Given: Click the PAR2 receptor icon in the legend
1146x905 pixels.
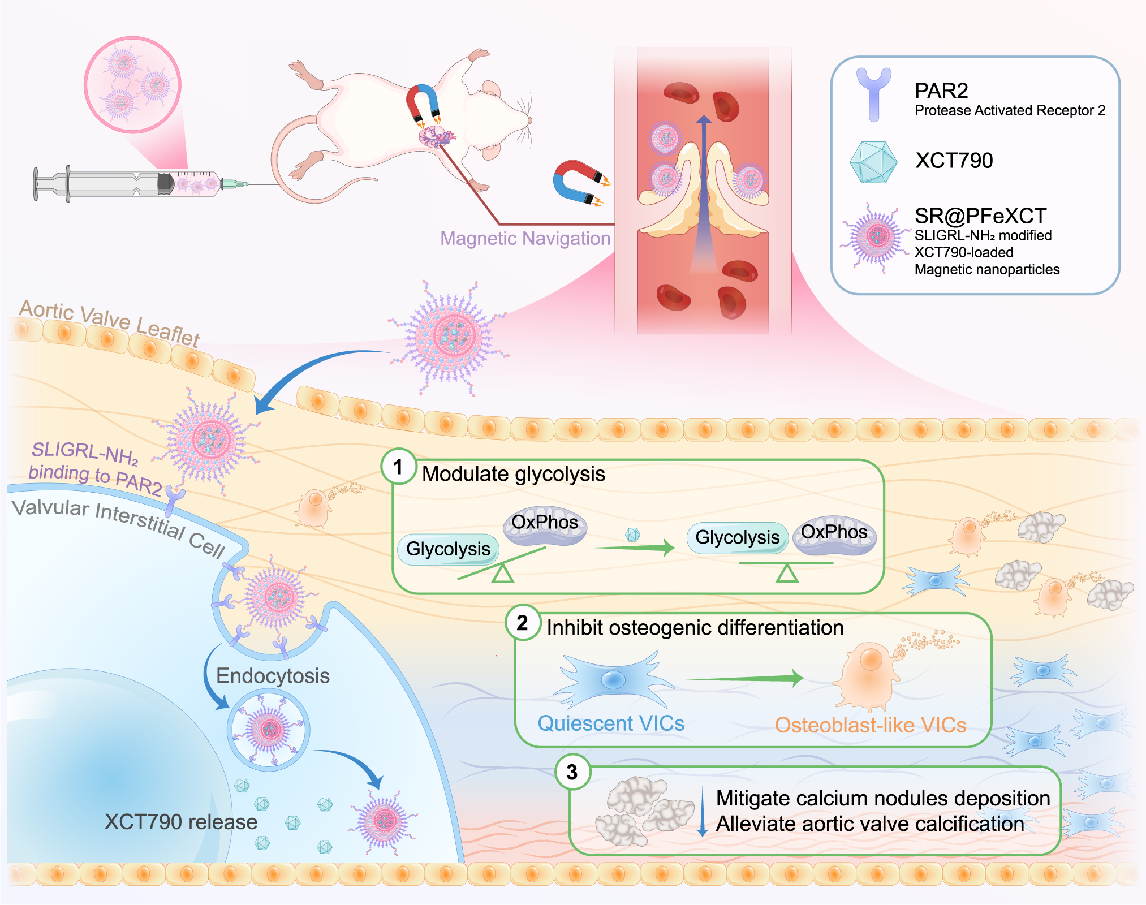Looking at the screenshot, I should (x=874, y=94).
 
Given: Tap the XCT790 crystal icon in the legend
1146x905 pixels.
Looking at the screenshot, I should (x=873, y=162).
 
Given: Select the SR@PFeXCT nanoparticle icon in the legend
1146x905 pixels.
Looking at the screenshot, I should (x=876, y=237).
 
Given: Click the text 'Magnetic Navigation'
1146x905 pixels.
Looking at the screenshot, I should (x=525, y=238).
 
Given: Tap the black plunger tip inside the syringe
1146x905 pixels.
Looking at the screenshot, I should (x=165, y=183).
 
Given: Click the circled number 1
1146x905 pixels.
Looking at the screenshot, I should (x=399, y=467).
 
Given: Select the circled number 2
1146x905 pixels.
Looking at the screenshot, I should (x=523, y=622).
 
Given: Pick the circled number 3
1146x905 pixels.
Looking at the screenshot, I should (x=572, y=772).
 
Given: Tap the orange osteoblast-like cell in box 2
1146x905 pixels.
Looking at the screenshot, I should (x=868, y=676).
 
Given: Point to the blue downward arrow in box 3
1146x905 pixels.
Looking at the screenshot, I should (x=703, y=812).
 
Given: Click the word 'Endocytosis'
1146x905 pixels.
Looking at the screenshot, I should (x=273, y=675).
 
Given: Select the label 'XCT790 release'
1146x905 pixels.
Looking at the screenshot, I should (x=180, y=821).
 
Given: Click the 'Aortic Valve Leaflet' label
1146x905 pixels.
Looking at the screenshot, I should (x=110, y=322).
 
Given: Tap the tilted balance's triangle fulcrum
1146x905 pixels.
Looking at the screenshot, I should (x=502, y=574).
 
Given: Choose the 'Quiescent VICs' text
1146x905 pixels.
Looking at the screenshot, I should (x=611, y=723).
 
